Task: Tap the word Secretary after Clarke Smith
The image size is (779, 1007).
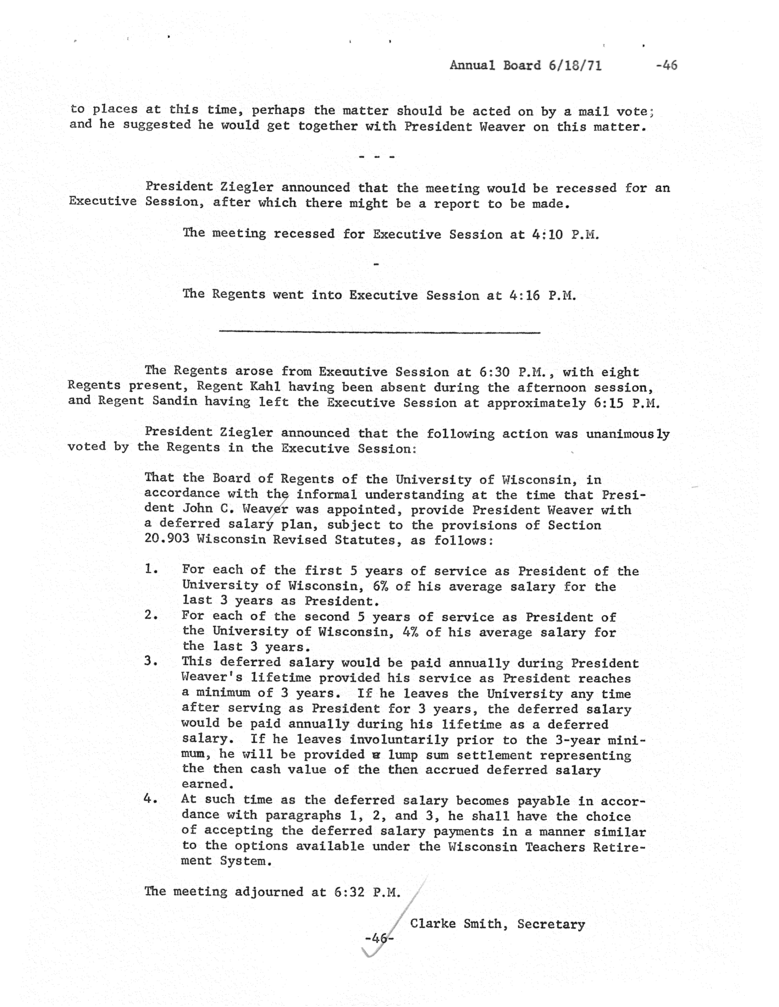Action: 551,924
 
